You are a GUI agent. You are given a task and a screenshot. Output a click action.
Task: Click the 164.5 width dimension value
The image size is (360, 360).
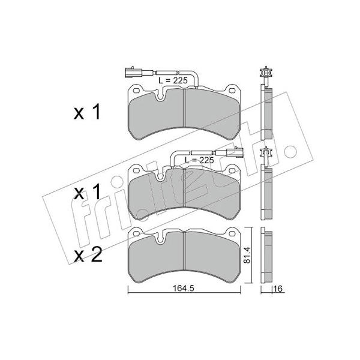click(183, 289)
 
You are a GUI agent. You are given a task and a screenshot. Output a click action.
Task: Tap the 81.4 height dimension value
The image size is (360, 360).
click(247, 254)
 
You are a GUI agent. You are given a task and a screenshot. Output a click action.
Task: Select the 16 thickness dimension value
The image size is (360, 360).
click(278, 289)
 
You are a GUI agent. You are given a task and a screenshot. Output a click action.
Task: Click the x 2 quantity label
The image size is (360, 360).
click(88, 256)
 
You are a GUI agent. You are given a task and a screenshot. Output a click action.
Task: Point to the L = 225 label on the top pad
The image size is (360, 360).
click(173, 80)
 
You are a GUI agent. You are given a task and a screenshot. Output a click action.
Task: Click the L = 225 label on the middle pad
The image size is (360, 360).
click(199, 160)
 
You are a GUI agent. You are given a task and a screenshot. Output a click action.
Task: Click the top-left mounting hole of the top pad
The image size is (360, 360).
click(136, 91)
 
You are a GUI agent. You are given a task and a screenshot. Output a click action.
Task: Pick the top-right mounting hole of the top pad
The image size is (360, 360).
click(232, 91)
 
